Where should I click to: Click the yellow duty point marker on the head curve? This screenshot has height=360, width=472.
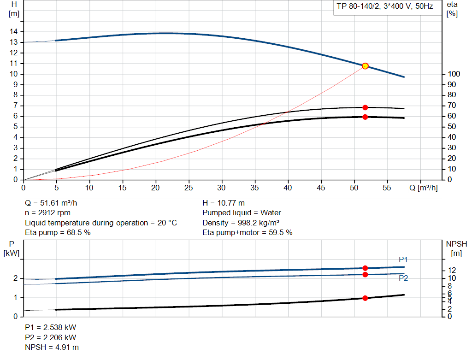[x=365, y=66]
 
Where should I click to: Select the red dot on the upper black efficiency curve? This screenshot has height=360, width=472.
[x=365, y=107]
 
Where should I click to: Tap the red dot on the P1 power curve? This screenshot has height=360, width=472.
[x=365, y=268]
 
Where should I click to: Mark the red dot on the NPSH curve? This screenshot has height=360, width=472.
[x=365, y=298]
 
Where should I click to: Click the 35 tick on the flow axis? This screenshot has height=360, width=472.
[x=255, y=188]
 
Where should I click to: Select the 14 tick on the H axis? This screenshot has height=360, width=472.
[x=14, y=31]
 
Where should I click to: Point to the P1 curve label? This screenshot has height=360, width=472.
[x=403, y=260]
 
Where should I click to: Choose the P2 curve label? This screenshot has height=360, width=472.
[x=403, y=278]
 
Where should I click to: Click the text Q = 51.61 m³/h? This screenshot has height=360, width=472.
[x=54, y=203]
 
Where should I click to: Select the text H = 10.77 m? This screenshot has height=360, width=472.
[x=224, y=203]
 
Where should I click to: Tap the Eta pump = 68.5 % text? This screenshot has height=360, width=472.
[x=58, y=232]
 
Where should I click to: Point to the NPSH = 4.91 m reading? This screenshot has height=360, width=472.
[x=52, y=347]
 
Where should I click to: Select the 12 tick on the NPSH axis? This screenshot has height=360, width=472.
[x=452, y=270]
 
